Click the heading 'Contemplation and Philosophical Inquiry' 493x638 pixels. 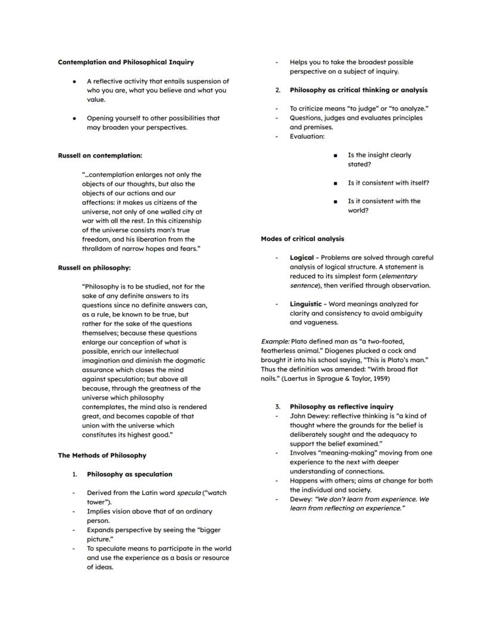click(126, 62)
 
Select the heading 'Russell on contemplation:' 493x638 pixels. click(100, 155)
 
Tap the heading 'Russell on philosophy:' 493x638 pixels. click(94, 268)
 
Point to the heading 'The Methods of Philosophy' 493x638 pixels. click(102, 456)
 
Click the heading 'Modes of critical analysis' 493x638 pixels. click(302, 239)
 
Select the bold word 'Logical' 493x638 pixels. click(301, 258)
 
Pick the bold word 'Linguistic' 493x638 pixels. click(305, 304)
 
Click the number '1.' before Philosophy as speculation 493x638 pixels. click(75, 475)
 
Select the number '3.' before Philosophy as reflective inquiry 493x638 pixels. click(277, 407)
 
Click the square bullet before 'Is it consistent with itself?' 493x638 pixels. click(336, 183)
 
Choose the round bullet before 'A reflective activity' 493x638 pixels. click(74, 81)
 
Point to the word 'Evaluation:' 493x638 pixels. click(307, 136)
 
